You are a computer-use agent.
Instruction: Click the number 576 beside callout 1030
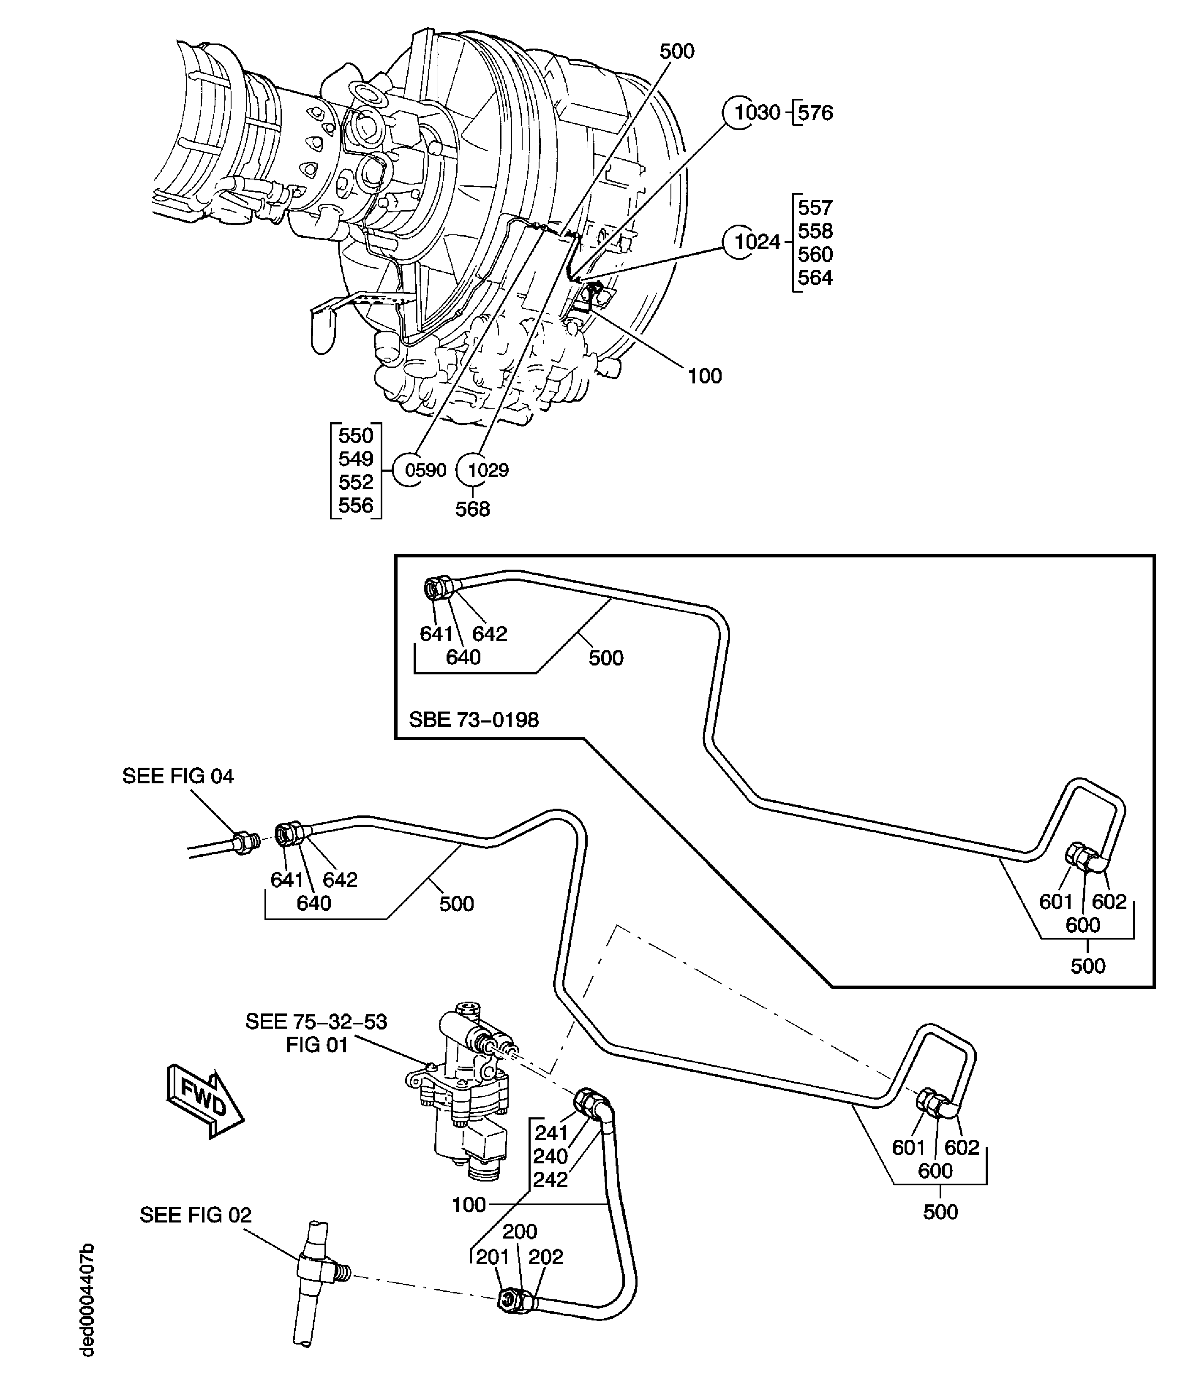click(815, 113)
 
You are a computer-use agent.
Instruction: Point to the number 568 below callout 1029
click(472, 509)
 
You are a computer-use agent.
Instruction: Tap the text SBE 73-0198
click(473, 720)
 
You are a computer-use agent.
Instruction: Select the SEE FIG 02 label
click(195, 1215)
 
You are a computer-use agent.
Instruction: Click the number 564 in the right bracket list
click(815, 278)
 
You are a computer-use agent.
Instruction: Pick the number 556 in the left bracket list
click(356, 505)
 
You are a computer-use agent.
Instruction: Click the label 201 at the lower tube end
click(492, 1257)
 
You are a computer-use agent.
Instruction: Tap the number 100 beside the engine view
click(704, 376)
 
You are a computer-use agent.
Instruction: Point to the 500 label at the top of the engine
click(677, 51)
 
